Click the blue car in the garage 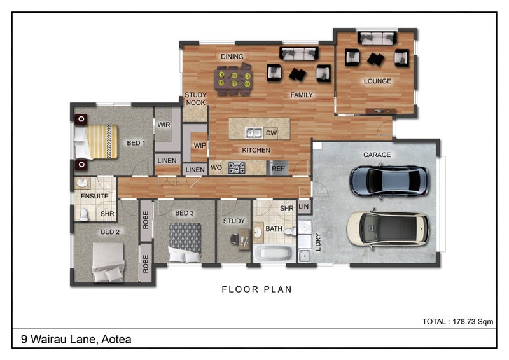pos(389,181)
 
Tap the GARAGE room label pos(377,155)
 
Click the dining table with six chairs pos(234,80)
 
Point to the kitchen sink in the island pos(254,133)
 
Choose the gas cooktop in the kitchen pos(237,168)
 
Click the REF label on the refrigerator pos(278,169)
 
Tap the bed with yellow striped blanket pos(96,142)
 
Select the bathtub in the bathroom pos(274,254)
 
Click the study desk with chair pos(241,239)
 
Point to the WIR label pos(164,125)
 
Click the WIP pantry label pos(200,145)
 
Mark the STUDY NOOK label pos(195,99)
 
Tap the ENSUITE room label pos(94,196)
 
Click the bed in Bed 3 pos(185,242)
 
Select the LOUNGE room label pos(377,81)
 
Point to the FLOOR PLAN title pos(257,289)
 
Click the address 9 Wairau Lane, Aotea pos(76,339)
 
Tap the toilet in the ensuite pos(84,214)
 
